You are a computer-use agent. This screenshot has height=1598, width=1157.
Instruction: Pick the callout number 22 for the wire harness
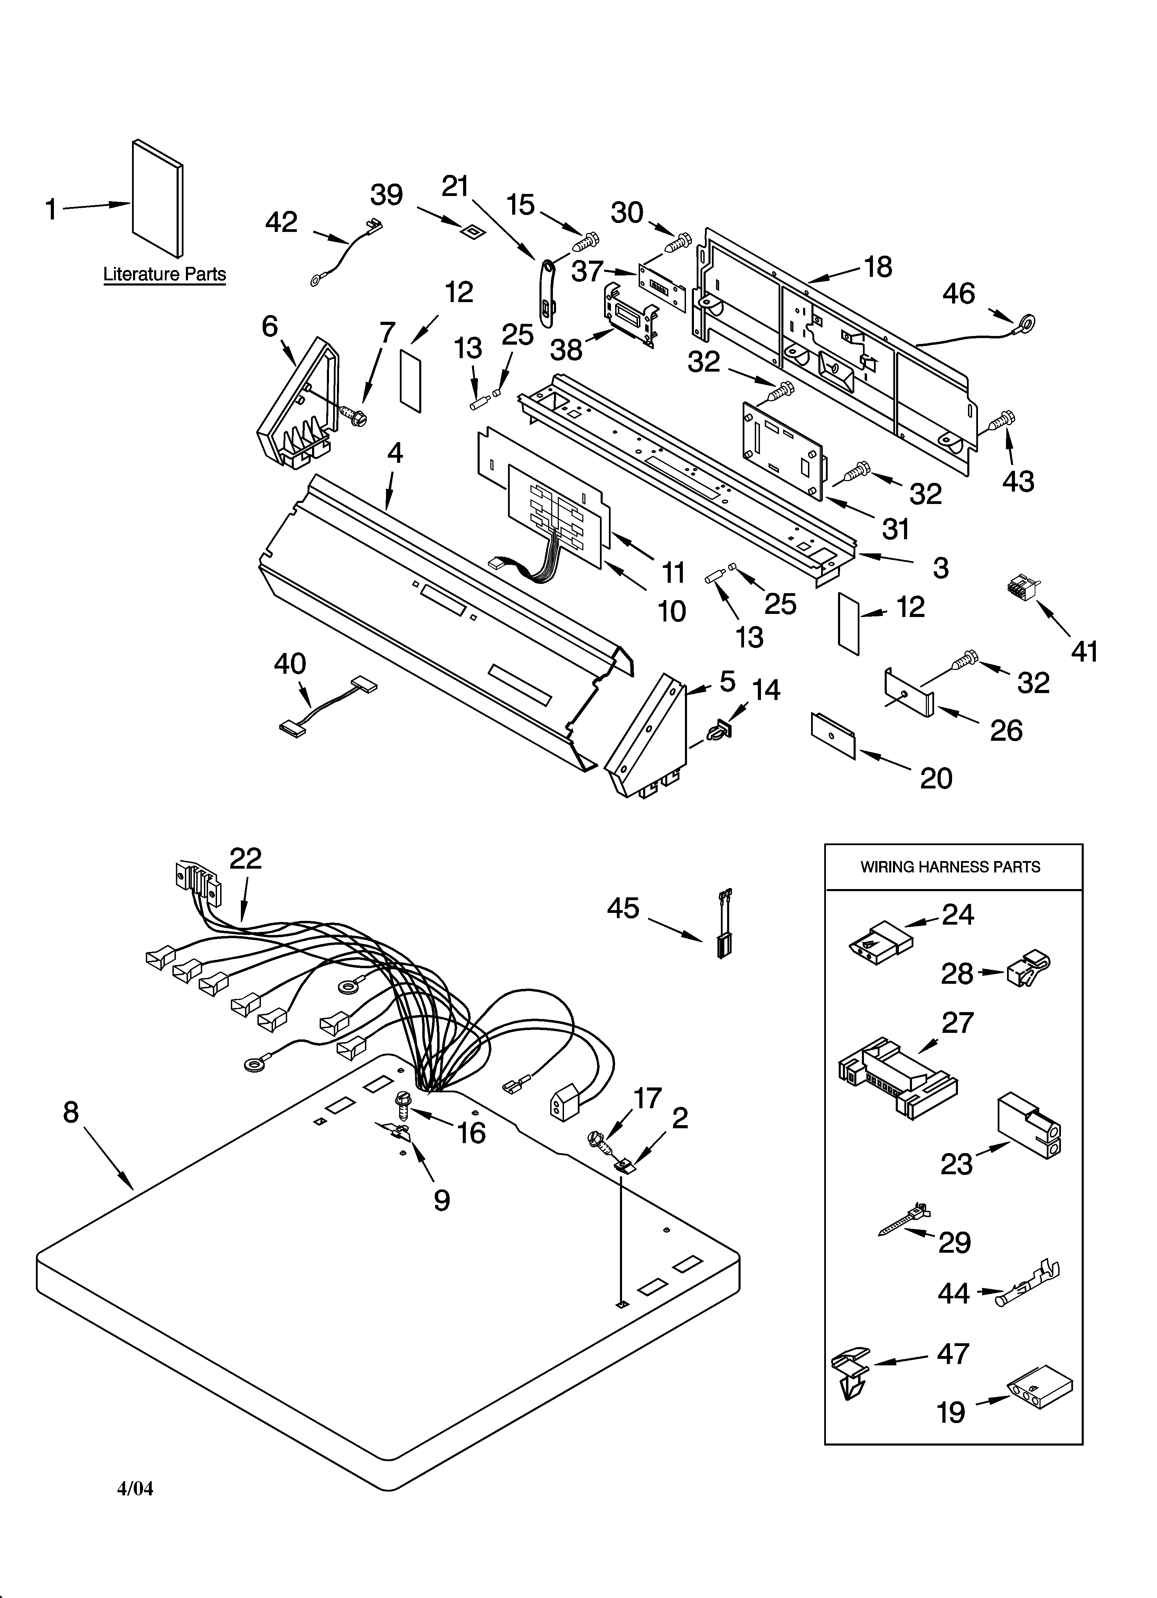[245, 858]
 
